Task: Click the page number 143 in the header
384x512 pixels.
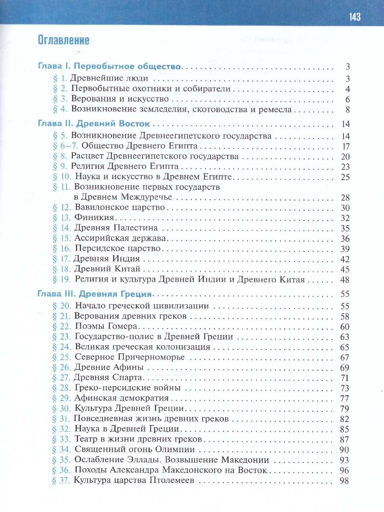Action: (355, 17)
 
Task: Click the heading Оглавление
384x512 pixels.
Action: (64, 41)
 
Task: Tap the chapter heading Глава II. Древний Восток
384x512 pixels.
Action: (94, 124)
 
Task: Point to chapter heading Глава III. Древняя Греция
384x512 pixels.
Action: (95, 294)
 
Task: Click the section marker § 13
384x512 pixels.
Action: (61, 218)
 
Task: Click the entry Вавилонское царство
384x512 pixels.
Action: (119, 208)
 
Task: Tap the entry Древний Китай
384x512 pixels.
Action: (107, 269)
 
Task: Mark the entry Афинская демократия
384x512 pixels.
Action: (122, 398)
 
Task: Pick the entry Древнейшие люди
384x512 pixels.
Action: (109, 79)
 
